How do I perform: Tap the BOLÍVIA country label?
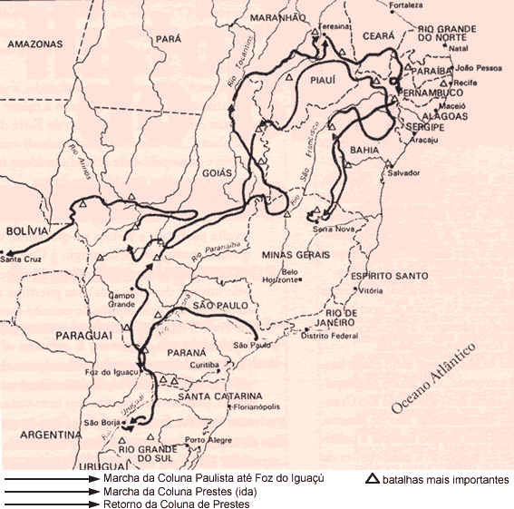click(26, 231)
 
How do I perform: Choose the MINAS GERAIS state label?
click(293, 255)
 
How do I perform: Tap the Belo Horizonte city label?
click(290, 276)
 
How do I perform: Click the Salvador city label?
click(403, 172)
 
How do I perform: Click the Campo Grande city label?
click(121, 299)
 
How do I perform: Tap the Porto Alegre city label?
click(202, 441)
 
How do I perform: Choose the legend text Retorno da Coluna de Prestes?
click(177, 503)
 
